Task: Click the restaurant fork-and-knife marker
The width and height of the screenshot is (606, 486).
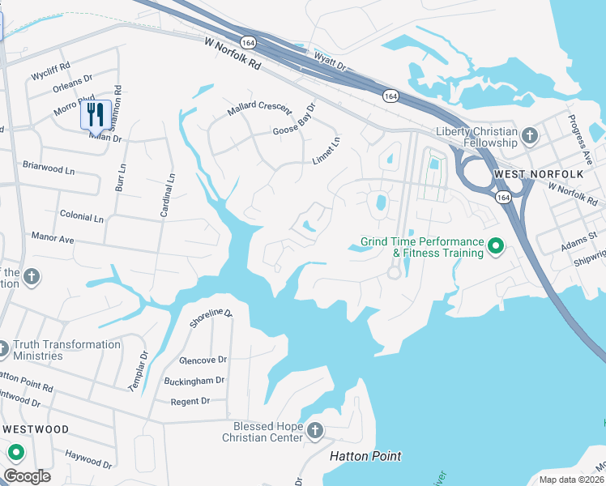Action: pos(96,114)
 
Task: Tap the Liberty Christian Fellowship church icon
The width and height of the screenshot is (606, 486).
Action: pos(530,135)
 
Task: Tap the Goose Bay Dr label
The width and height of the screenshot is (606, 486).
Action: pos(293,120)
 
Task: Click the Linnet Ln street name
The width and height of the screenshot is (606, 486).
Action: pos(326,151)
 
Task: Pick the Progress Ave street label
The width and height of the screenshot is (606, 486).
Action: pos(585,143)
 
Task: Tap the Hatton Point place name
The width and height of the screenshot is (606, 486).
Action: pos(365,456)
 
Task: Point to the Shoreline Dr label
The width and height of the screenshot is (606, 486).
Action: pos(211,318)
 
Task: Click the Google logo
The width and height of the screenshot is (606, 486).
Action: pos(27,475)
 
